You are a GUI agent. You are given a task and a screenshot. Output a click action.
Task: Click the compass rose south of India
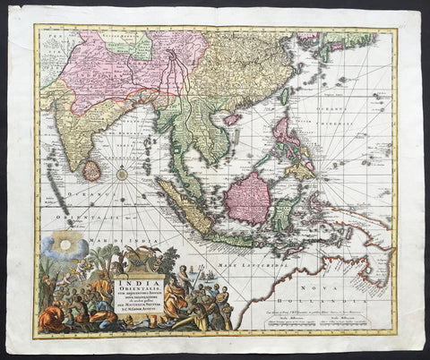pos(123,174)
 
